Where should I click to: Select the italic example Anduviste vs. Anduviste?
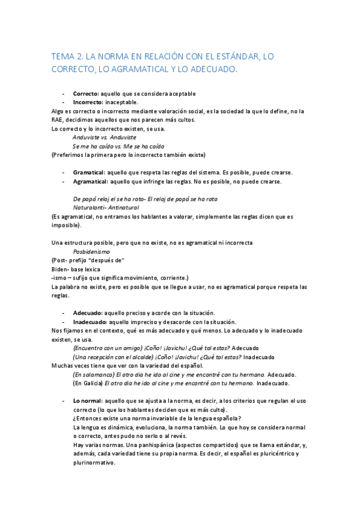pyautogui.click(x=103, y=137)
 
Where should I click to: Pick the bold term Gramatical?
pyautogui.click(x=90, y=172)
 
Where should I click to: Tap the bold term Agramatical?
pyautogui.click(x=91, y=181)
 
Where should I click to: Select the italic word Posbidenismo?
pyautogui.click(x=95, y=251)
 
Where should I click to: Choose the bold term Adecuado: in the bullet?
pyautogui.click(x=88, y=312)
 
